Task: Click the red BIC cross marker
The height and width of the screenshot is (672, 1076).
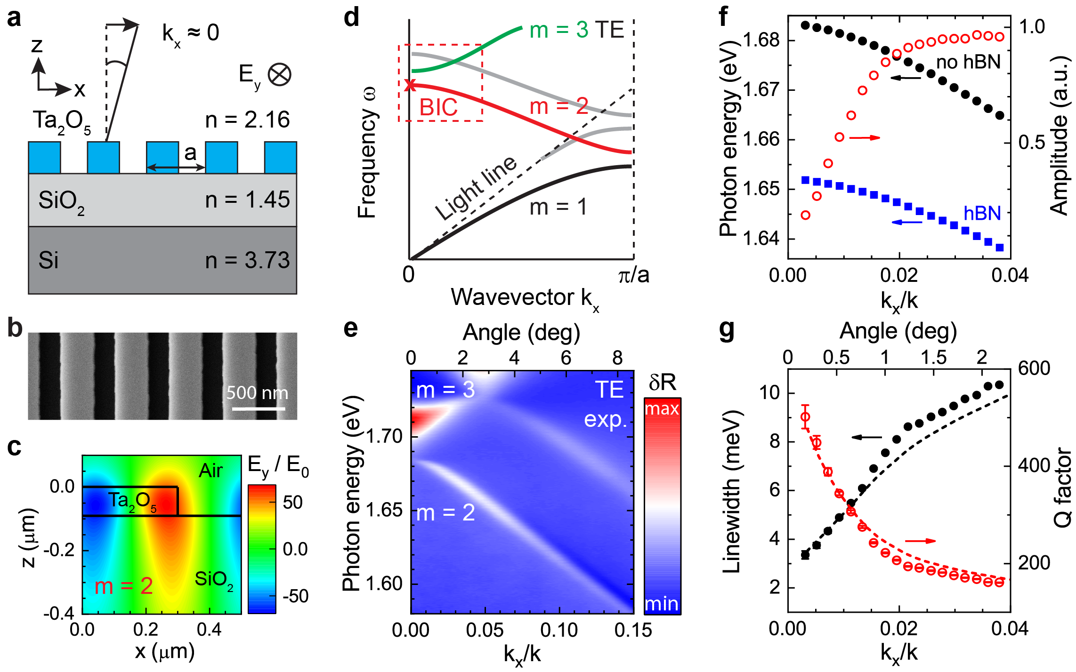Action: [x=410, y=85]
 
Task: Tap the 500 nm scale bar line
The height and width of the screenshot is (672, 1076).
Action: [x=258, y=408]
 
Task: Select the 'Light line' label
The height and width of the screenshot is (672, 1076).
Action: [x=476, y=188]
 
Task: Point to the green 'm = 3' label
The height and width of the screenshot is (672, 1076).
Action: [x=558, y=30]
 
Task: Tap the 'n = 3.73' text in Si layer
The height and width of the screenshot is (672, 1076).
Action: [x=247, y=260]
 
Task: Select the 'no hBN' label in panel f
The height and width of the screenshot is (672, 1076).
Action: [x=968, y=62]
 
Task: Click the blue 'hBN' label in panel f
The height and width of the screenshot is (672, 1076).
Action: [x=982, y=214]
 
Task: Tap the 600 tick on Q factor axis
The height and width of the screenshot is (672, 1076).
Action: [x=1034, y=368]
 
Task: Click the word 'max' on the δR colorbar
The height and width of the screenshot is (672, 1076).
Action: [x=662, y=408]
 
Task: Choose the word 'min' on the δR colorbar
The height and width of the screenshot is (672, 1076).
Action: [x=662, y=604]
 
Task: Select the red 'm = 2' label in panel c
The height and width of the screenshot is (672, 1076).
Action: [x=123, y=586]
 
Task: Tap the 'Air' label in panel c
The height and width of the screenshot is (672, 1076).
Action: [x=210, y=471]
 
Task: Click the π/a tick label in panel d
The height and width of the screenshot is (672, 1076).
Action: [x=633, y=275]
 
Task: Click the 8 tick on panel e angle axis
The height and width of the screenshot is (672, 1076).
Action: [x=617, y=359]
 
